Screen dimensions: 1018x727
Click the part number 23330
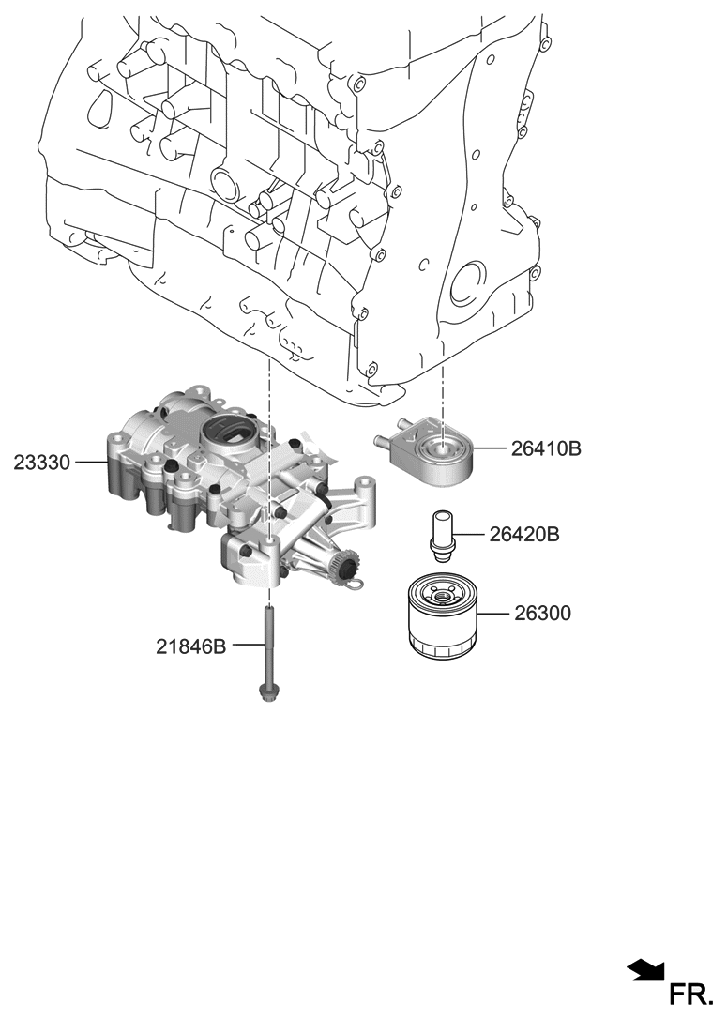(x=42, y=462)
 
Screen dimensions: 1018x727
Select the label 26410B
(x=546, y=449)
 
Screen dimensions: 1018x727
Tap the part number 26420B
(x=523, y=535)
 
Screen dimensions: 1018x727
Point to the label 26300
(x=541, y=614)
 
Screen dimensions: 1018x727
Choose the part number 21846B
(x=191, y=646)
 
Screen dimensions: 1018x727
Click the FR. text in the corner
(x=691, y=994)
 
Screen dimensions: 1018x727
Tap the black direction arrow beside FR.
(x=644, y=970)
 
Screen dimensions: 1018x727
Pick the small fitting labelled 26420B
(x=441, y=533)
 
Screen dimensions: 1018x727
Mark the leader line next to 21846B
(x=245, y=646)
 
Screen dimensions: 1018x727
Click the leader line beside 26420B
(x=472, y=535)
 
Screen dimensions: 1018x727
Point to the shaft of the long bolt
(x=269, y=647)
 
